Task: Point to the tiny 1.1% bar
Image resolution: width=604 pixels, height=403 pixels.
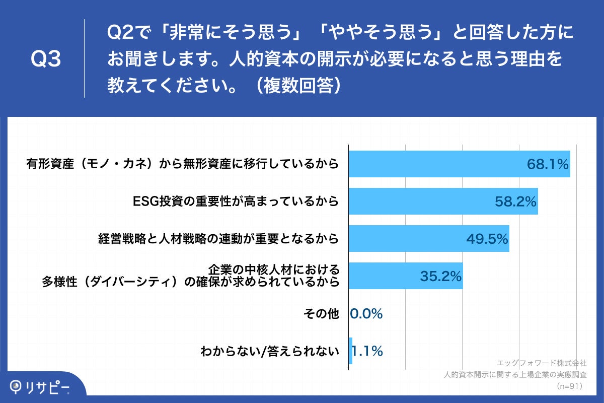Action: point(351,351)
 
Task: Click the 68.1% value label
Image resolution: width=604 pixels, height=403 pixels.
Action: point(547,164)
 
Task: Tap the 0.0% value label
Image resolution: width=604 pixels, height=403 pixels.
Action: point(366,313)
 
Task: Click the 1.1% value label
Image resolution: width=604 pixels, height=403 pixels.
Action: point(367,351)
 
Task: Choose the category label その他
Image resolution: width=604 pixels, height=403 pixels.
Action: point(321,313)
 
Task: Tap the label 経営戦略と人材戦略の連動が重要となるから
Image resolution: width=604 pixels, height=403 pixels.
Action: point(218,239)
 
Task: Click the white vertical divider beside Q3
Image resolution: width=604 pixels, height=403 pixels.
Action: point(84,58)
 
